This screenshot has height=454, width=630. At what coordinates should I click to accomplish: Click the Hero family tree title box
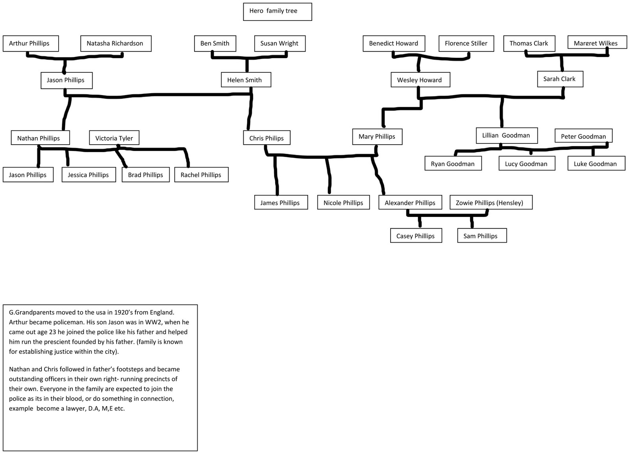[x=277, y=11]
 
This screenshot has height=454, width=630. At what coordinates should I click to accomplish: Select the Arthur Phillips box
[x=30, y=43]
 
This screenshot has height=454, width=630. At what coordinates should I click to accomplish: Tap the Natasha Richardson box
[x=115, y=43]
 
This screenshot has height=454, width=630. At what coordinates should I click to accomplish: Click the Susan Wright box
[x=280, y=43]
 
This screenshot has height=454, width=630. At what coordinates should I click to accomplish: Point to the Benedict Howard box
[x=393, y=43]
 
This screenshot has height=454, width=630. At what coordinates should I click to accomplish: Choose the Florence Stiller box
[x=466, y=43]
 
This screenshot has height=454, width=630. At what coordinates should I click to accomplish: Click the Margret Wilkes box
[x=597, y=42]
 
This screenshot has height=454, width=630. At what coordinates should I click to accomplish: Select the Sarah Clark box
[x=560, y=79]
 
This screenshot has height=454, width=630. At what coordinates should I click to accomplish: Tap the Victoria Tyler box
[x=114, y=138]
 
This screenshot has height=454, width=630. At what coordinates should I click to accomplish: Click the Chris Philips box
[x=266, y=138]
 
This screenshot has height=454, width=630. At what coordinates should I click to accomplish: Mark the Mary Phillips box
[x=377, y=136]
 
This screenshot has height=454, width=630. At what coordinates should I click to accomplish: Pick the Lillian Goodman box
[x=506, y=135]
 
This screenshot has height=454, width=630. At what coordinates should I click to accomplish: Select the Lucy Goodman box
[x=526, y=164]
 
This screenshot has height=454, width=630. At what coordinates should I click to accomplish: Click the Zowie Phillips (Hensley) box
[x=490, y=202]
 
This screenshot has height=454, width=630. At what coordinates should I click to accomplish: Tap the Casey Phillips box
[x=415, y=236]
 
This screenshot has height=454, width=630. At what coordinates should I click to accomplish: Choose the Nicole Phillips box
[x=343, y=202]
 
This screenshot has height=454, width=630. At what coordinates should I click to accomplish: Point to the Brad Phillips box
[x=145, y=175]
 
